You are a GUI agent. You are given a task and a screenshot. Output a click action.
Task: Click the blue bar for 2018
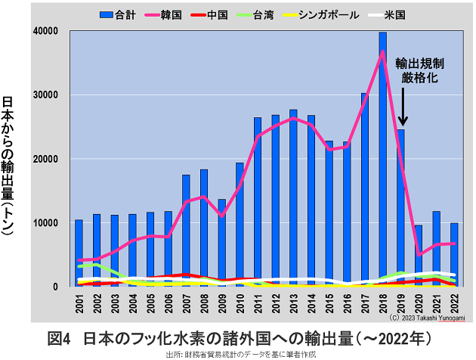coord(383,159)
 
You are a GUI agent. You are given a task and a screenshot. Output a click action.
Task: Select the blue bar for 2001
coord(79,253)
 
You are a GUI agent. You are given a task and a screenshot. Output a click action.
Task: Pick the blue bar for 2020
coord(419,256)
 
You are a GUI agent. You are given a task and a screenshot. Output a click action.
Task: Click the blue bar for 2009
coord(221,243)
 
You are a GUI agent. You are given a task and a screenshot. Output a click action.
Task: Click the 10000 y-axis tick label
coord(49,223)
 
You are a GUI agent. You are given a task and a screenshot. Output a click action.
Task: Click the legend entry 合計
coord(117,14)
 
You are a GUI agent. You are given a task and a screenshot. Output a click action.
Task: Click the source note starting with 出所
coord(239,353)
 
